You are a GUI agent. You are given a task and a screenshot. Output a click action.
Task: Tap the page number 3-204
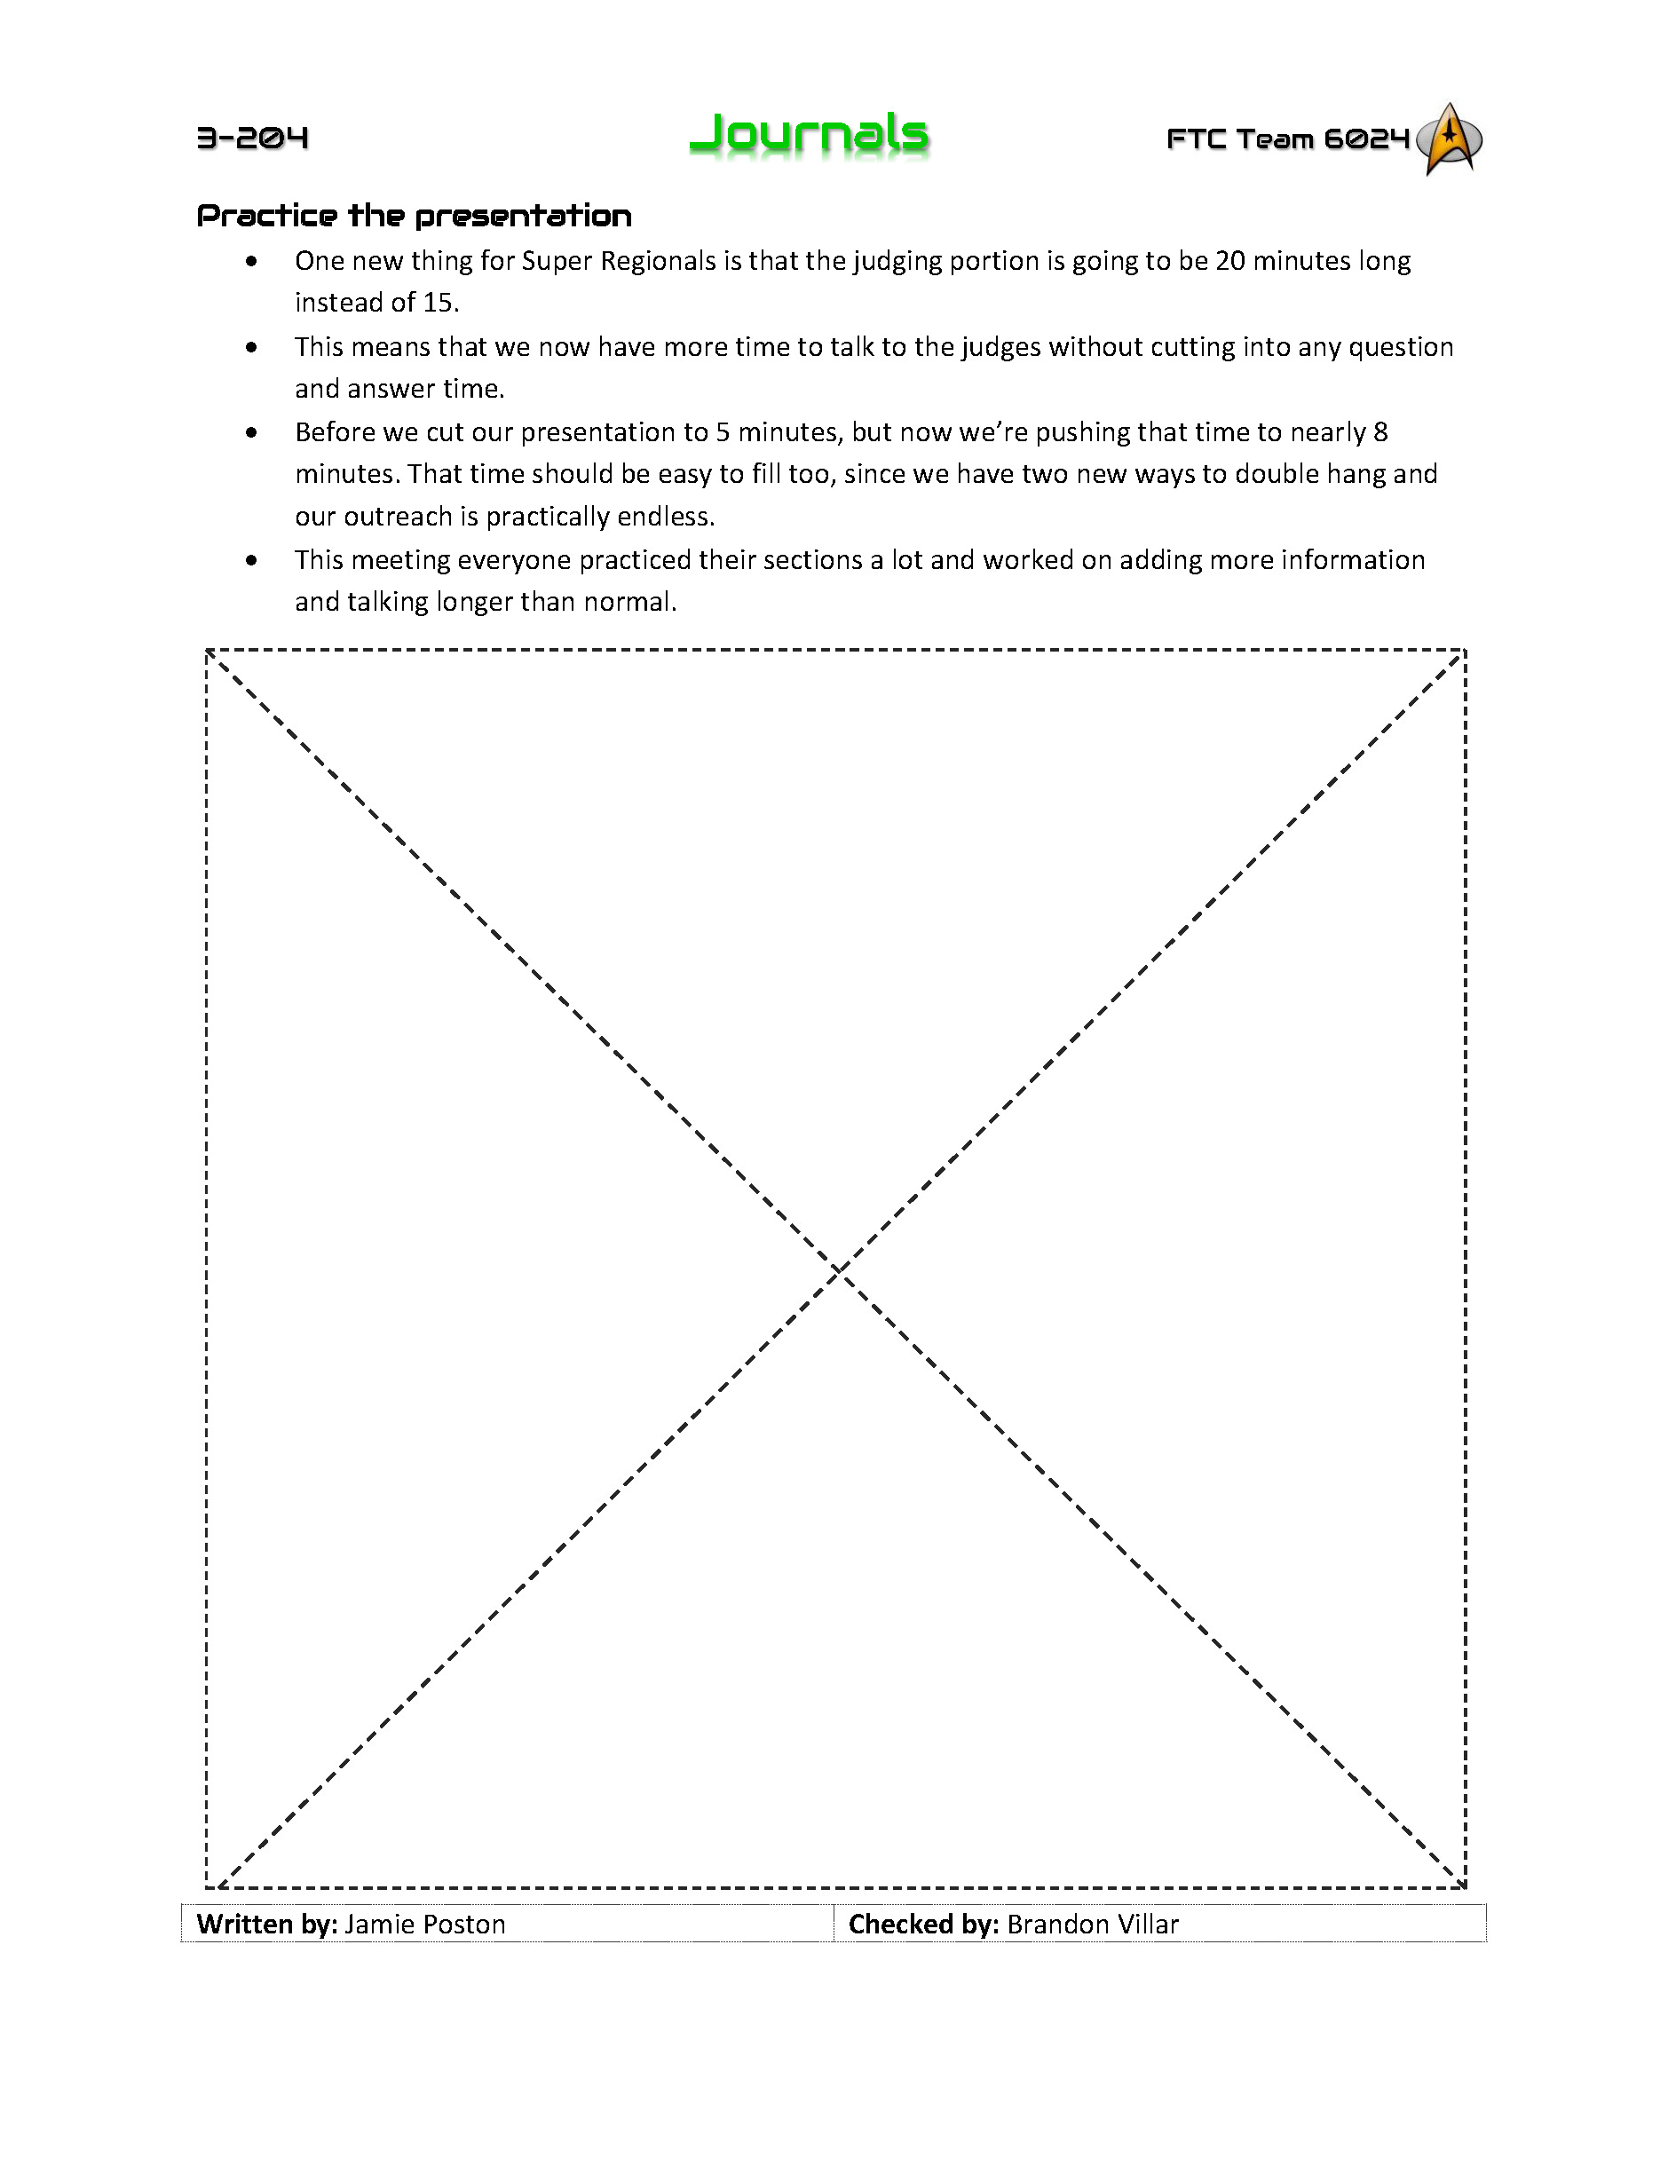(253, 138)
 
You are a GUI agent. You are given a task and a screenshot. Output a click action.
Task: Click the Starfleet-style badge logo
(1450, 138)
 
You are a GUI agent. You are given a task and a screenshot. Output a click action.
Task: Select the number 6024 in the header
(1366, 139)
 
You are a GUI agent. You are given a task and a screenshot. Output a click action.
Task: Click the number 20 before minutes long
(1229, 261)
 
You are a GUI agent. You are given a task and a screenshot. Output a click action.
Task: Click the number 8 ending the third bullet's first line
(1380, 433)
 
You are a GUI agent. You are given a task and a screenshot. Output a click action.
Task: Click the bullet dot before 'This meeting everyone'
(252, 560)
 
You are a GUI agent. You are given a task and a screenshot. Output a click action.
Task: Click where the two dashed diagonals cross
(837, 1269)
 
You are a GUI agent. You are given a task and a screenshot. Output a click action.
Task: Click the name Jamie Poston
(425, 1925)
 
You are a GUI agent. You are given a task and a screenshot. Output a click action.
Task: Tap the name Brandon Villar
(1093, 1925)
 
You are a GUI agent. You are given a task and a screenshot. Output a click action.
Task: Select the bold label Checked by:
(923, 1925)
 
